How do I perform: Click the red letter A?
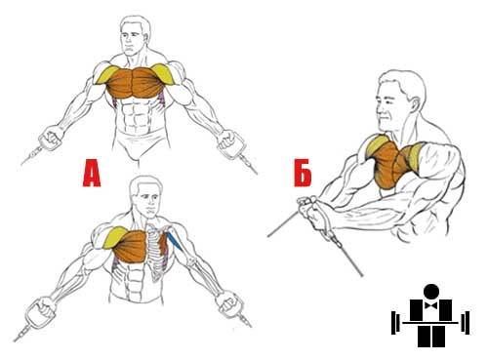[92, 173]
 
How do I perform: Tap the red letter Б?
[303, 173]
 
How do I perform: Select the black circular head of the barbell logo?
[431, 292]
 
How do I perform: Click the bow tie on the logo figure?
[431, 305]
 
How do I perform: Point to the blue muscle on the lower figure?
[173, 241]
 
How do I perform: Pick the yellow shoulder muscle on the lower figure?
[114, 237]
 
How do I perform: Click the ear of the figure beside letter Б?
[414, 104]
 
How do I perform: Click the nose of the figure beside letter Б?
[380, 112]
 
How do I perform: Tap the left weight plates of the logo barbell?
[395, 323]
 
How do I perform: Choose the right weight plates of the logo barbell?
[466, 323]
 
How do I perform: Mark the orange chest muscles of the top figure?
[134, 83]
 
